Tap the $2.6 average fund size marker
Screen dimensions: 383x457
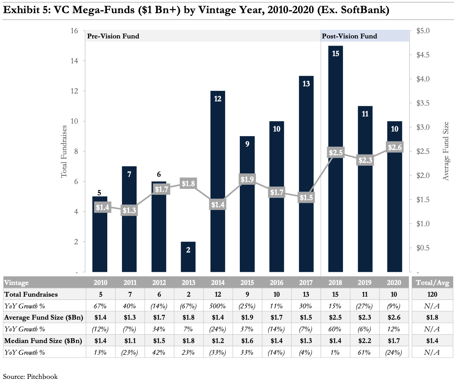pyautogui.click(x=395, y=147)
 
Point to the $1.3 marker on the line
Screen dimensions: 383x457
pyautogui.click(x=129, y=210)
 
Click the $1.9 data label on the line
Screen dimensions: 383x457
pyautogui.click(x=247, y=179)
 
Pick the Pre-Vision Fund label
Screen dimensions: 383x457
pyautogui.click(x=113, y=36)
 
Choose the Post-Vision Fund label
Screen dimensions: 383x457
pyautogui.click(x=349, y=36)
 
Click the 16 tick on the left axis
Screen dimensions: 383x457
pyautogui.click(x=74, y=31)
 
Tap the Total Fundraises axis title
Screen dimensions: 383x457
pyautogui.click(x=64, y=152)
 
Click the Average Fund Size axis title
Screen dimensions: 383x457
pyautogui.click(x=446, y=151)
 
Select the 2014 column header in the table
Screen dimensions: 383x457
pyautogui.click(x=218, y=283)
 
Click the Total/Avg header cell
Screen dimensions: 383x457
pyautogui.click(x=432, y=283)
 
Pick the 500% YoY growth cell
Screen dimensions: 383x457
pyautogui.click(x=218, y=306)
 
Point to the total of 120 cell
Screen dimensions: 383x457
pyautogui.click(x=432, y=294)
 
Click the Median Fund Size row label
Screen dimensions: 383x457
pyautogui.click(x=43, y=341)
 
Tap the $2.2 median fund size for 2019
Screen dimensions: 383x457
pyautogui.click(x=365, y=341)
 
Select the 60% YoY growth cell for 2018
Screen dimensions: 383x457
pyautogui.click(x=335, y=329)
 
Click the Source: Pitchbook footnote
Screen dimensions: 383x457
pyautogui.click(x=30, y=376)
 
